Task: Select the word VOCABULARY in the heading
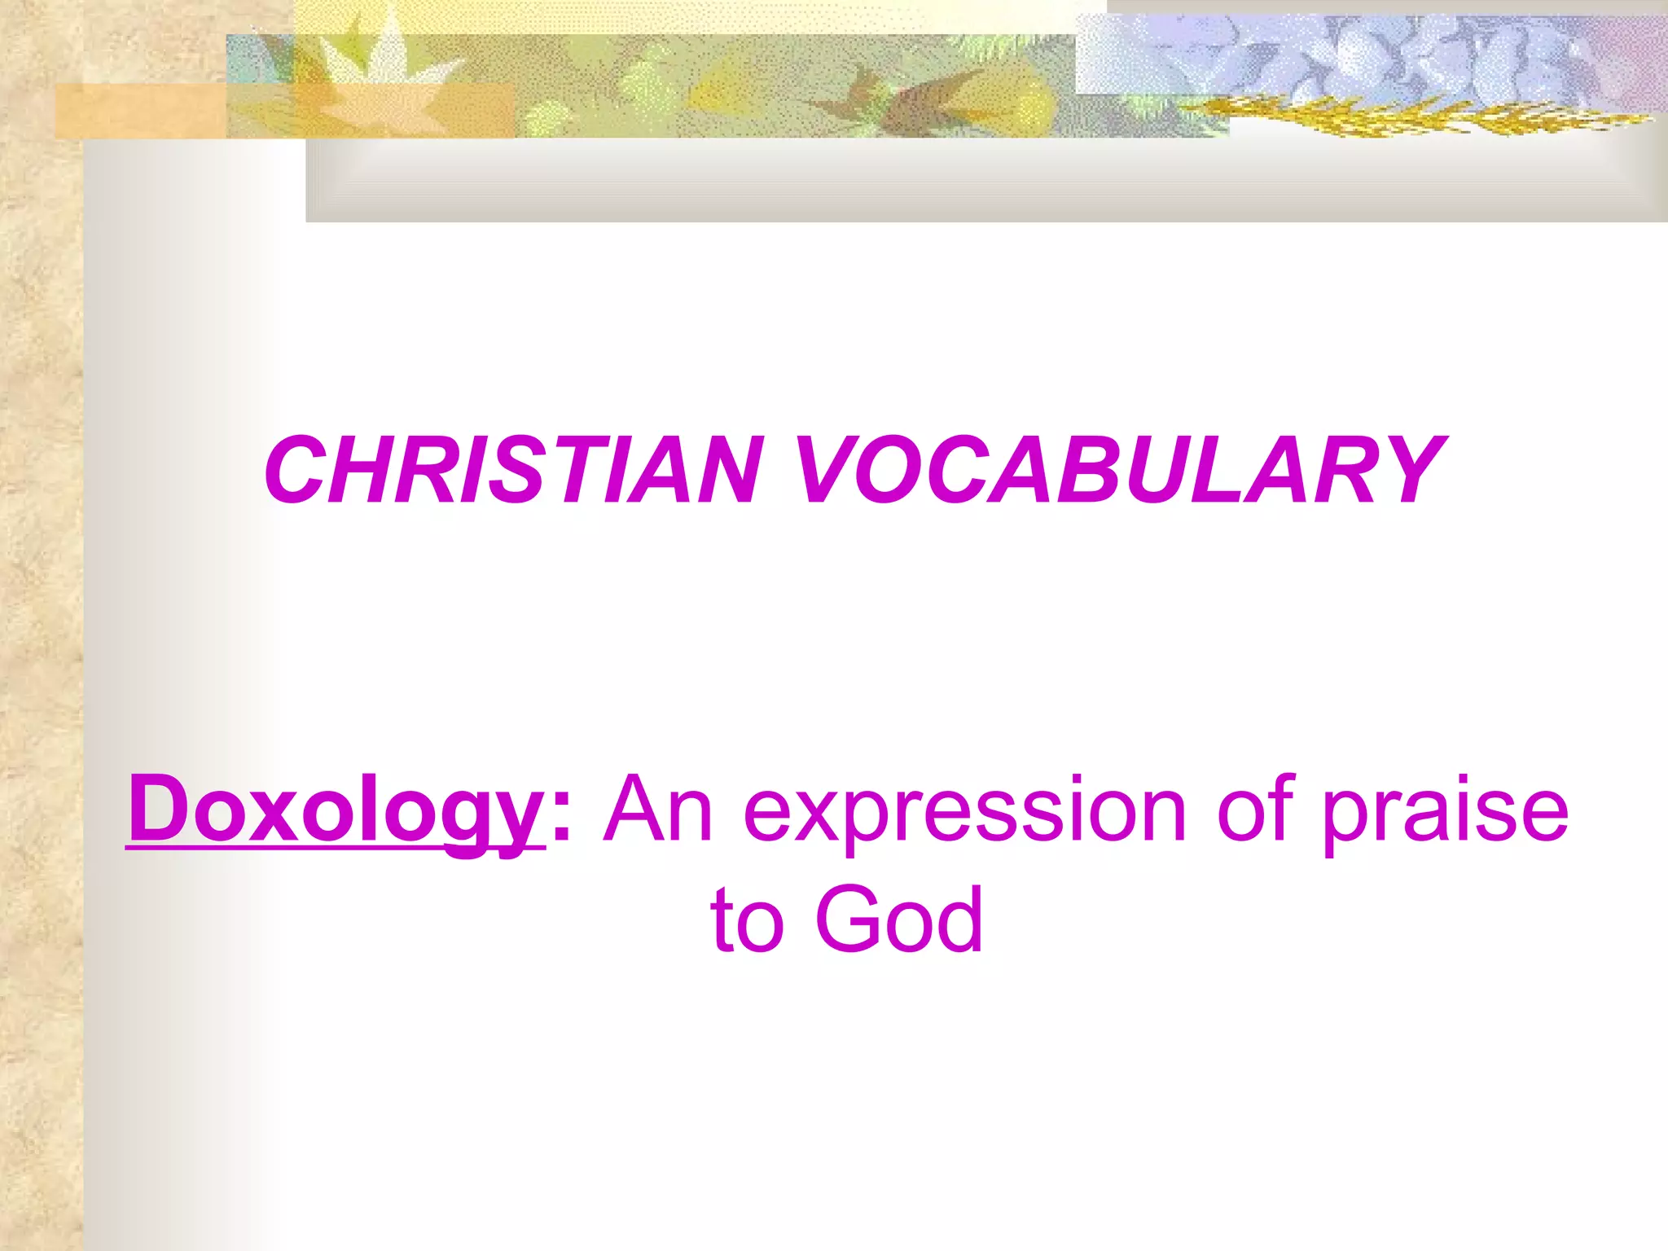1120,471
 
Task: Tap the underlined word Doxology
334,810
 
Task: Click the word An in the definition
658,810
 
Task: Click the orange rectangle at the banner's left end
138,111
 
